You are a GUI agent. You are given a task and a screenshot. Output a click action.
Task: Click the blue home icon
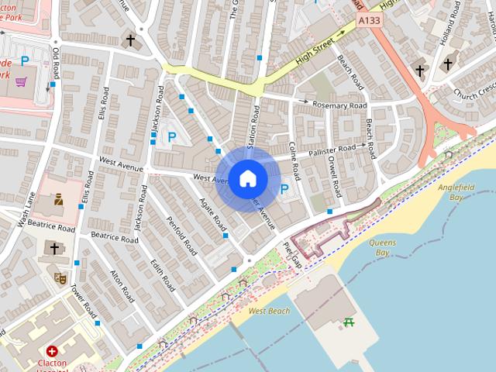247,179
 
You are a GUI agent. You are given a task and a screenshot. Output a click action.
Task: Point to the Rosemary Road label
339,105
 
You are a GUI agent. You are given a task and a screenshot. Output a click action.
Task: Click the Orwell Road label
335,177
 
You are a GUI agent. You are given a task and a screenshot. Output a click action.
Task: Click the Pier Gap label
292,255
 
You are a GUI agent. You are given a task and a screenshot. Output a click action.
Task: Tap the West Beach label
270,311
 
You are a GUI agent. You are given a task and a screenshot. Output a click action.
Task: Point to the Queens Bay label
381,247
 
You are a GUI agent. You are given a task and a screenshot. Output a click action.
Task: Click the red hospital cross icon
52,350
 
